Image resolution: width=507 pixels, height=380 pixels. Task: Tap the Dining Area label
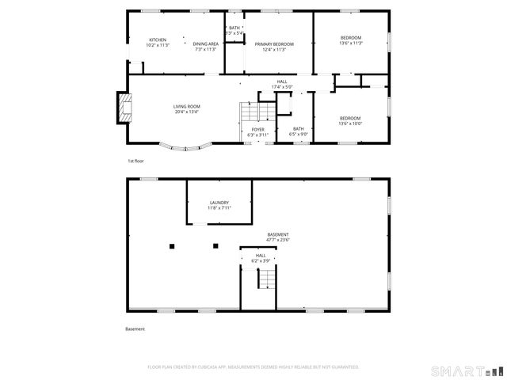pos(206,47)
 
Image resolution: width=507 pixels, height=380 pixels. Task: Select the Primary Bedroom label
pos(274,47)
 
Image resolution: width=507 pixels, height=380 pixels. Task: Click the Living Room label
pos(187,109)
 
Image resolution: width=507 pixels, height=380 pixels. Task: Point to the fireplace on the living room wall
pos(123,108)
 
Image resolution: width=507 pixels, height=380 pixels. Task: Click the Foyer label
pos(258,131)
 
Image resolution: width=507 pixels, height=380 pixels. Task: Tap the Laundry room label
pos(219,205)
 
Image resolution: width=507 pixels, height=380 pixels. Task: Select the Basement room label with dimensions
pos(278,237)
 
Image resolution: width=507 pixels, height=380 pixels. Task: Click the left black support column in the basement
pos(172,246)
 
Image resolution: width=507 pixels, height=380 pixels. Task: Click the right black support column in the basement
pos(215,246)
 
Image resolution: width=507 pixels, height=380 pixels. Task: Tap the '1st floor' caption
pos(135,161)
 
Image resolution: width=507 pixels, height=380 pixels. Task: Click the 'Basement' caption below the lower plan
pos(135,329)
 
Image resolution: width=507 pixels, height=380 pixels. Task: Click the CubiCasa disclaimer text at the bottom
pos(253,367)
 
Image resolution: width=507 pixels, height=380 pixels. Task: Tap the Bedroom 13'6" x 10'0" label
pos(350,120)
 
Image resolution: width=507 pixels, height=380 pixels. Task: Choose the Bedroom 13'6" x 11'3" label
pos(350,40)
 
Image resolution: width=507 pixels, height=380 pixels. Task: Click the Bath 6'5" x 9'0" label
pos(299,131)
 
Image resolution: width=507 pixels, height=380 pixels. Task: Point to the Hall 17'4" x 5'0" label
pos(282,85)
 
